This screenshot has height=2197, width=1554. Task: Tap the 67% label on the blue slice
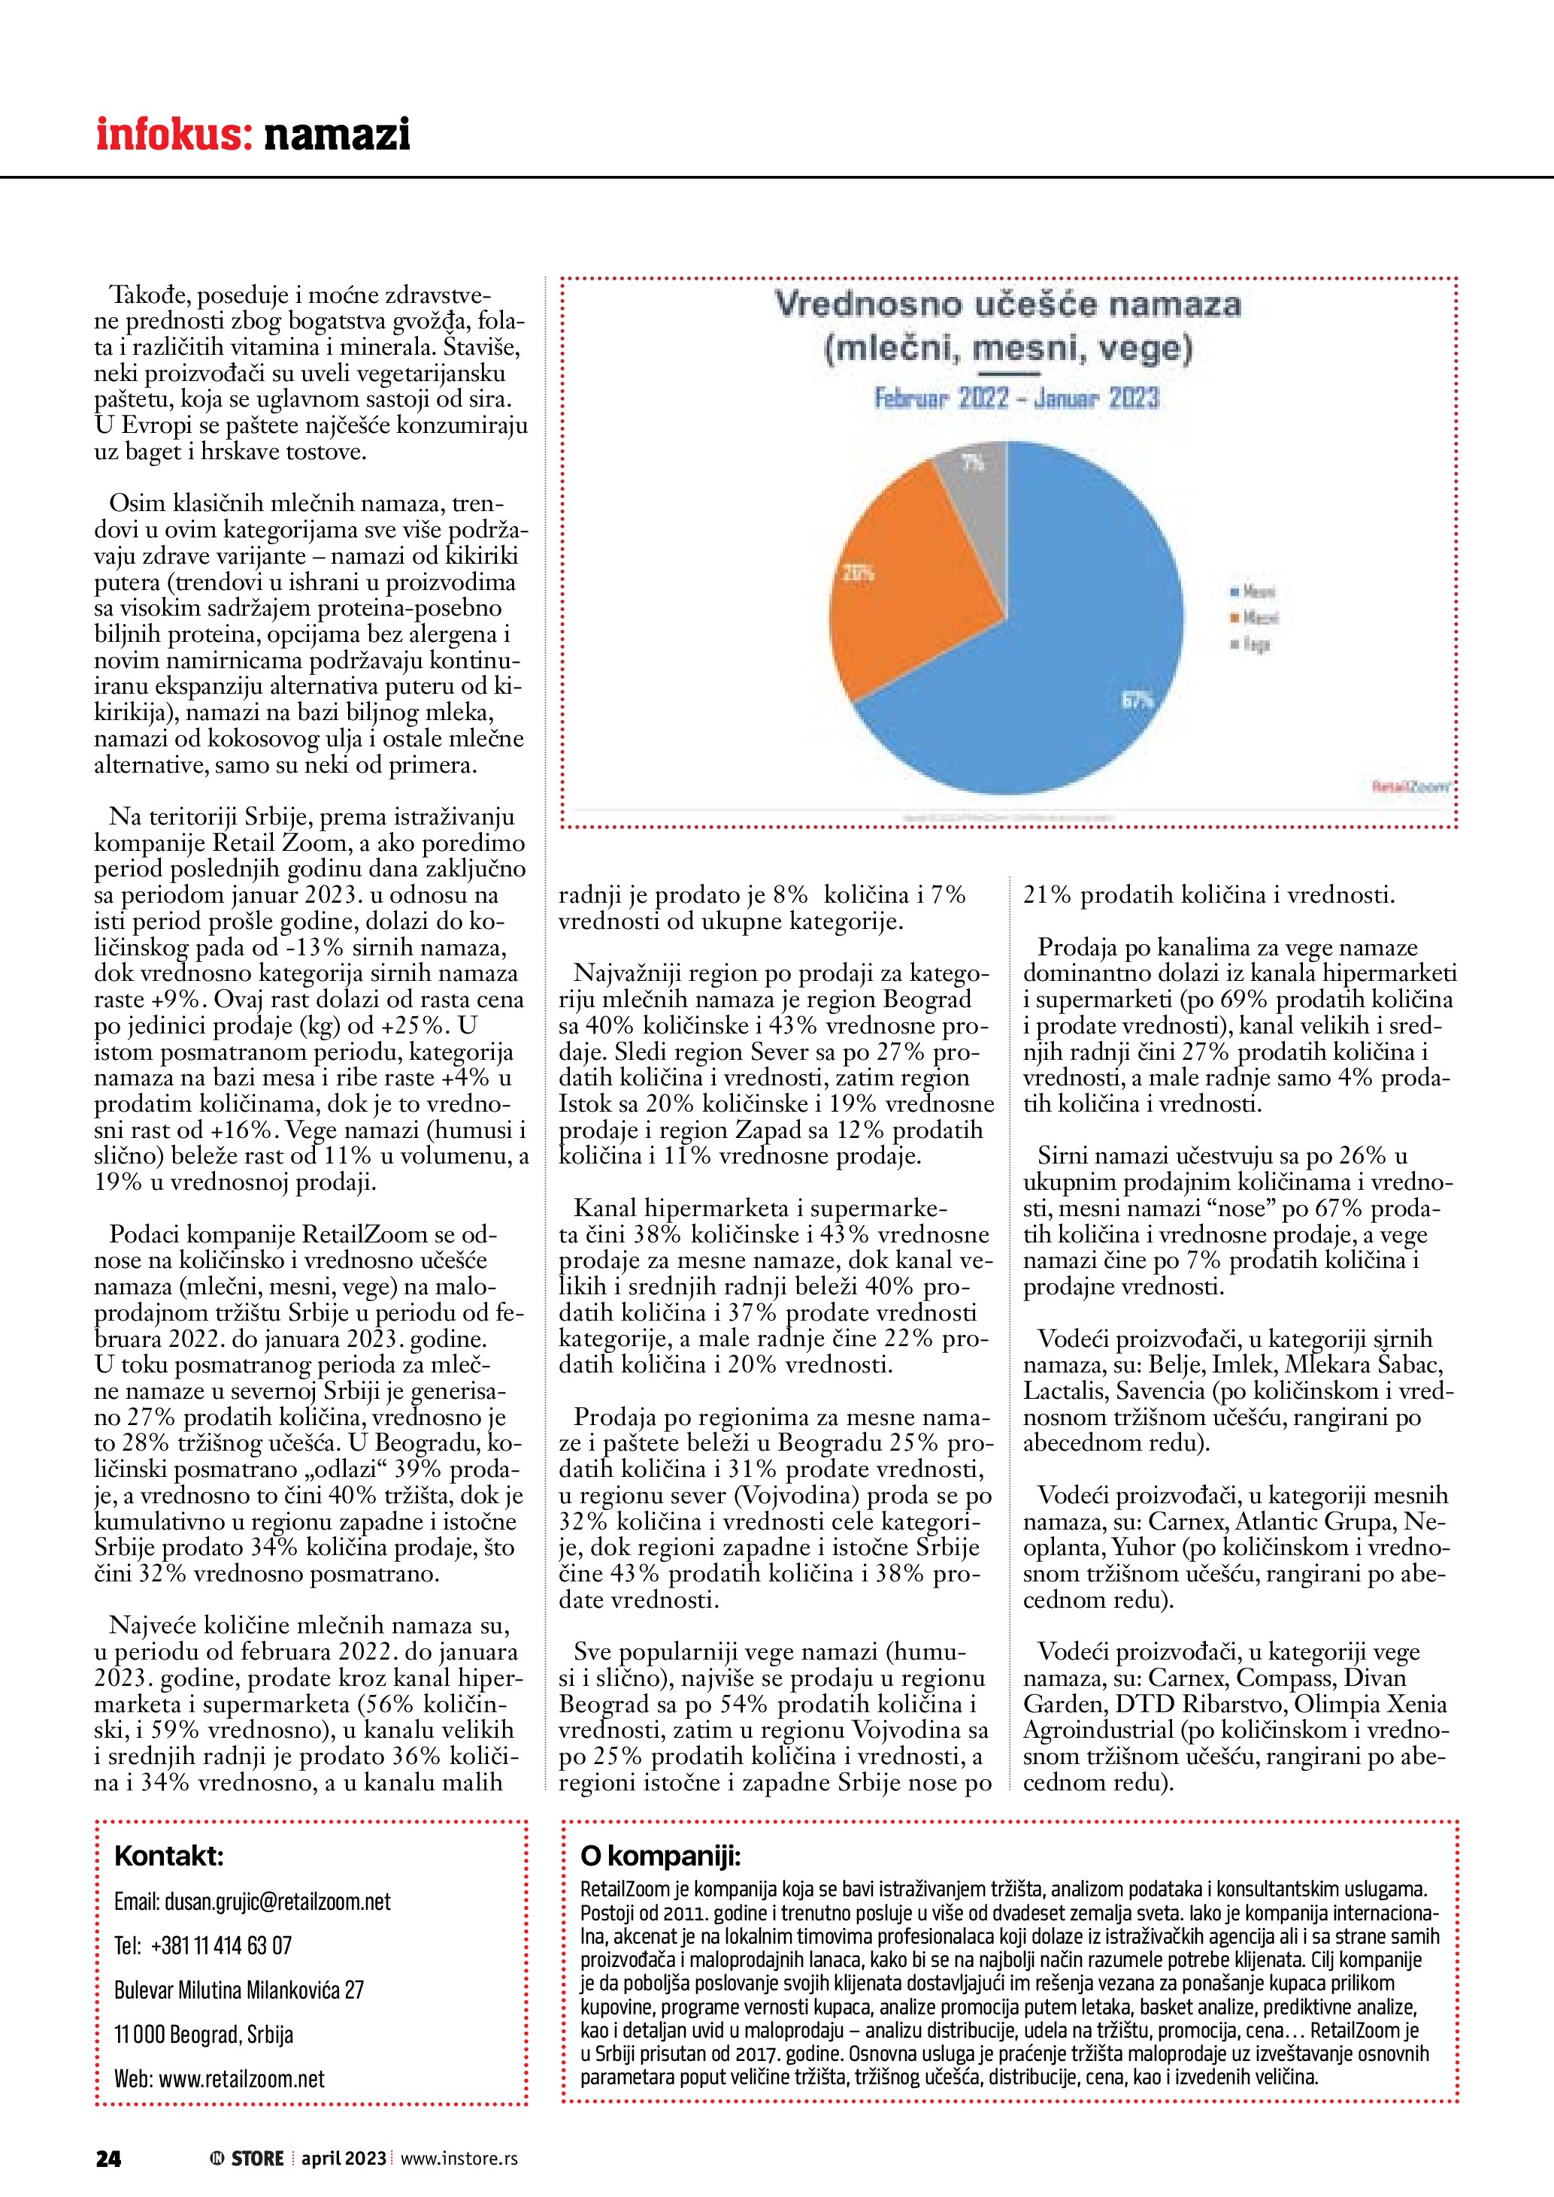click(1137, 701)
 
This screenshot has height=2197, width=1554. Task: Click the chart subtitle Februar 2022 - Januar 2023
click(1016, 398)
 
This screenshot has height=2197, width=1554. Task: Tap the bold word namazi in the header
click(337, 135)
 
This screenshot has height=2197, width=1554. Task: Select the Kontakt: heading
click(168, 1857)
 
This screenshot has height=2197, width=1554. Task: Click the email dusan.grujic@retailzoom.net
click(253, 1902)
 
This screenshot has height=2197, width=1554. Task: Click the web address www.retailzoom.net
click(219, 2078)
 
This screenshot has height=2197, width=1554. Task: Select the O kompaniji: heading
click(660, 1857)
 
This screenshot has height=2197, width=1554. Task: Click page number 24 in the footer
click(108, 2158)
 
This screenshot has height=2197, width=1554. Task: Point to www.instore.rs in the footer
click(459, 2158)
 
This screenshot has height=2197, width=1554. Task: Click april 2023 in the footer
click(344, 2158)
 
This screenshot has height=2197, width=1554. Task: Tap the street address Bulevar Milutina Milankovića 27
click(239, 1990)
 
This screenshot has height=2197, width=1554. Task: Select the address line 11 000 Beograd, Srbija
click(203, 2035)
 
